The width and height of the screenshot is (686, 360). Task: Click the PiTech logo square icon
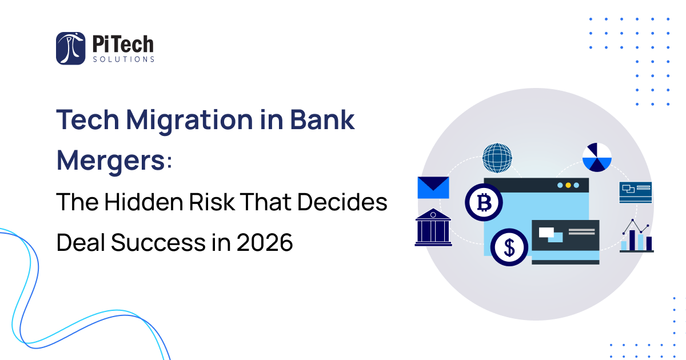pyautogui.click(x=70, y=48)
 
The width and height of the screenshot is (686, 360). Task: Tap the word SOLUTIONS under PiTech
pyautogui.click(x=123, y=59)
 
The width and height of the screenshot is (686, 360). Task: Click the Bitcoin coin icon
pyautogui.click(x=484, y=202)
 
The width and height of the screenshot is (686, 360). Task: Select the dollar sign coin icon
pyautogui.click(x=509, y=247)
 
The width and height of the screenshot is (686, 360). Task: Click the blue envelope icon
pyautogui.click(x=433, y=187)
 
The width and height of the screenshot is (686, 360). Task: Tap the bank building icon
pyautogui.click(x=433, y=227)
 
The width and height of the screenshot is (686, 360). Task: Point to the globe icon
pyautogui.click(x=497, y=157)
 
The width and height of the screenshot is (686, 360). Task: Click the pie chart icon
pyautogui.click(x=597, y=157)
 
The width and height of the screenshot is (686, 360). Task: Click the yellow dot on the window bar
pyautogui.click(x=568, y=186)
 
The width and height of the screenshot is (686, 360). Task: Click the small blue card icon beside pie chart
pyautogui.click(x=635, y=192)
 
